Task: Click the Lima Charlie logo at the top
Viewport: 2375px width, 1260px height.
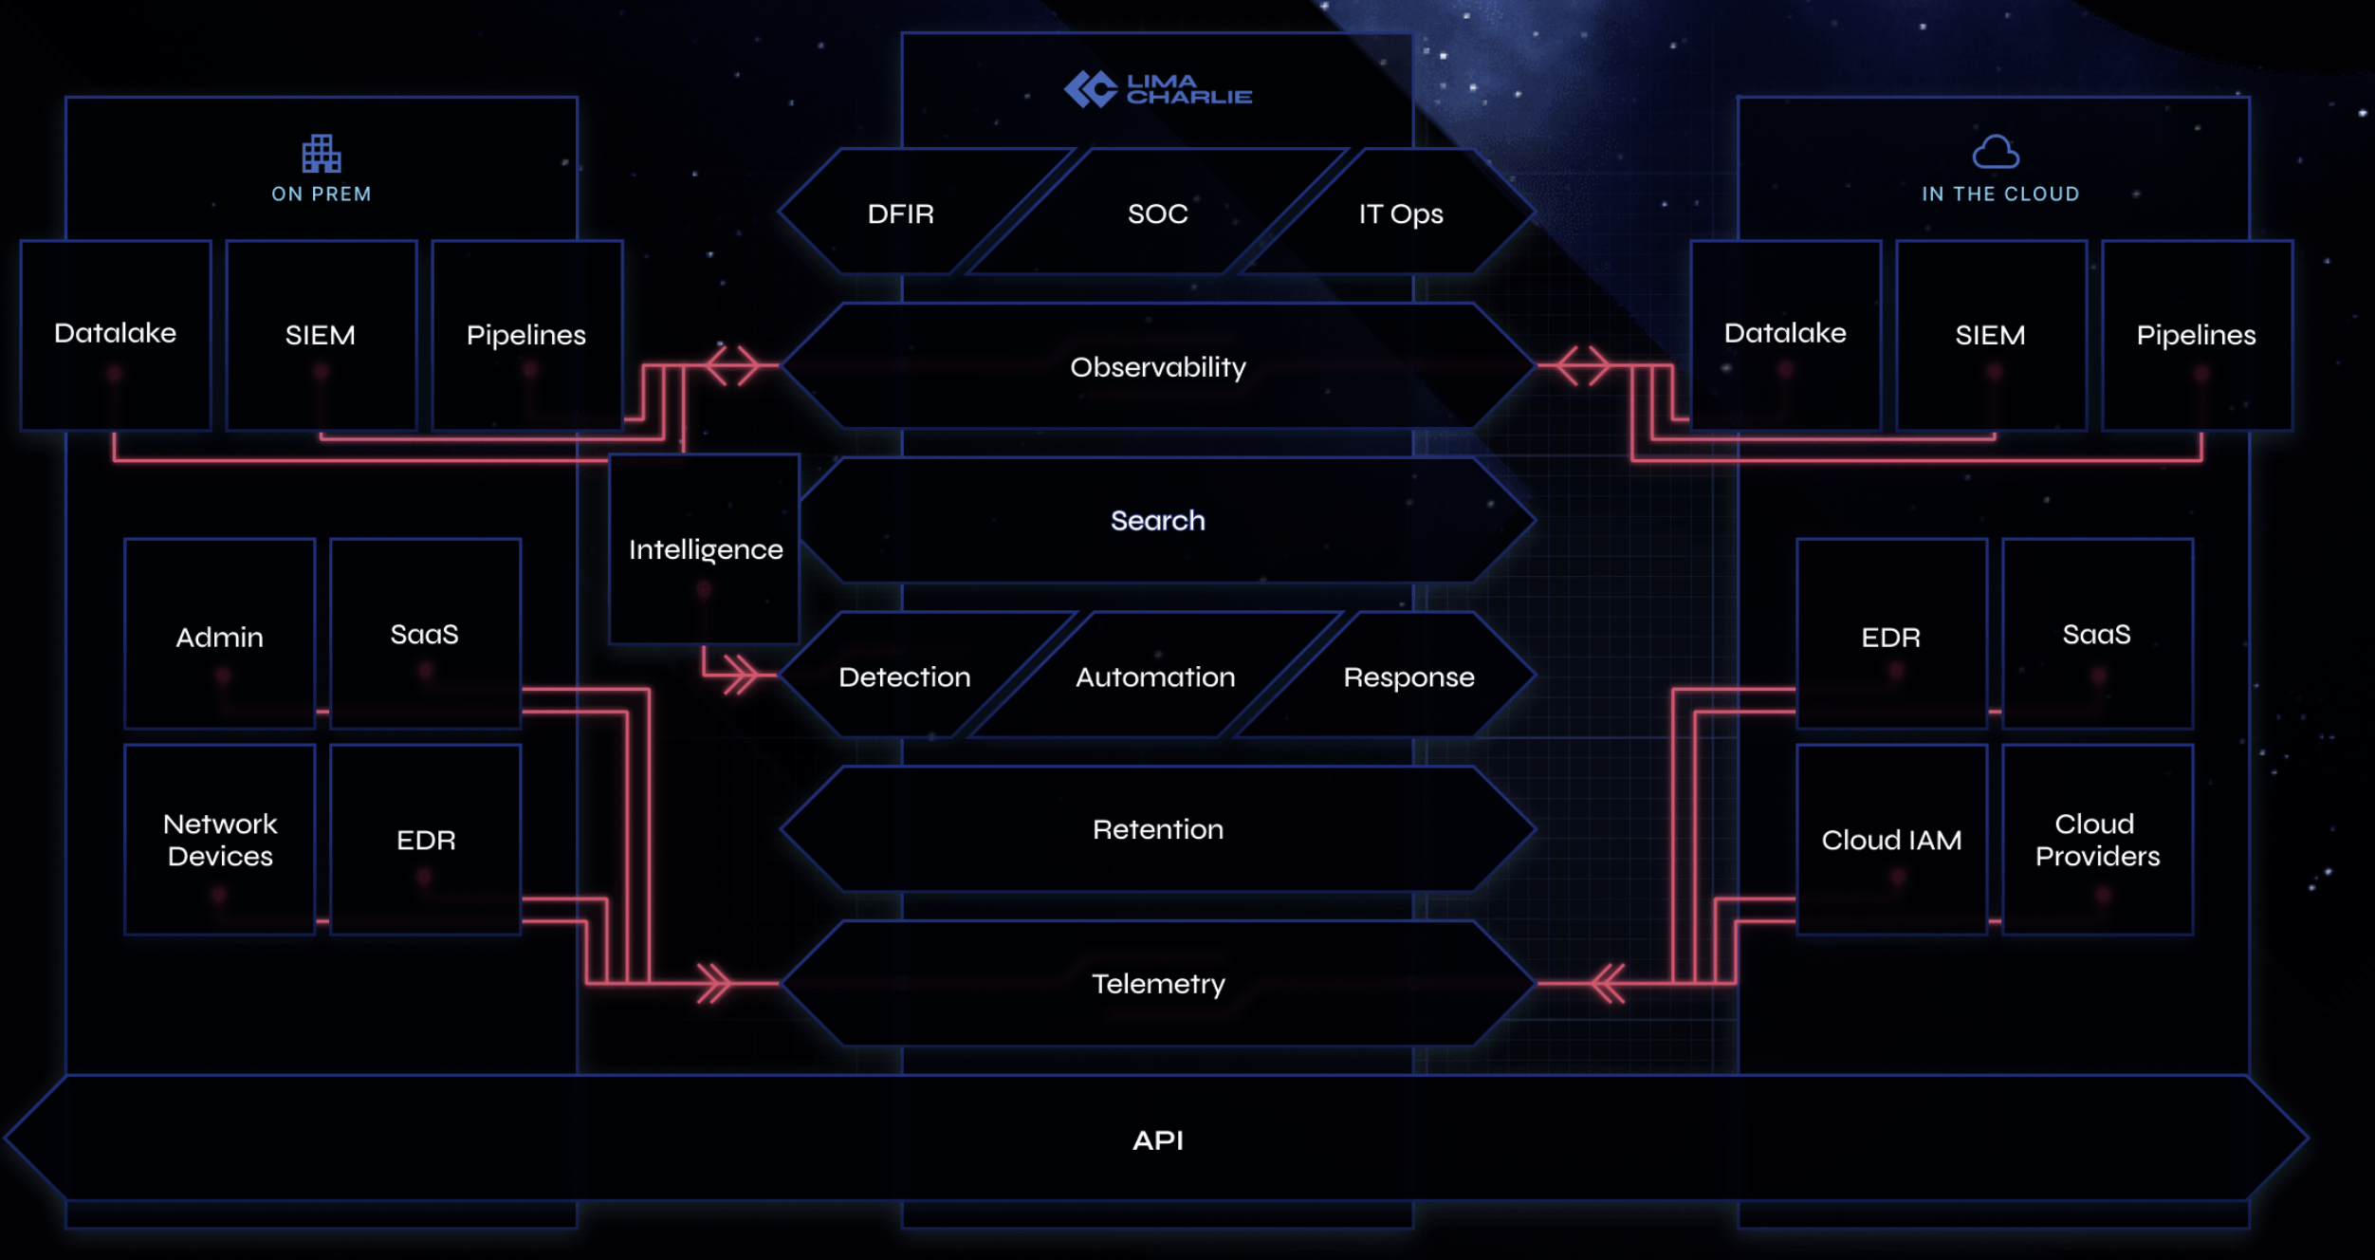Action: [x=1157, y=90]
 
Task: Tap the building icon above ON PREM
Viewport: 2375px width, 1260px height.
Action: [x=321, y=154]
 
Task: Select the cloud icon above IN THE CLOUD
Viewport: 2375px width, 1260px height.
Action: [x=1996, y=152]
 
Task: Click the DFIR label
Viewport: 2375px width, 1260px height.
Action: [x=900, y=214]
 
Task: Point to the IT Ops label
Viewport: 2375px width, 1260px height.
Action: [x=1400, y=214]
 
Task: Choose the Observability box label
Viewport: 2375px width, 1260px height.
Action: [x=1157, y=367]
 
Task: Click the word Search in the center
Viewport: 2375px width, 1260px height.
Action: [x=1157, y=521]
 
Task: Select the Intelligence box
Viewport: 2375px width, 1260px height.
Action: [x=705, y=549]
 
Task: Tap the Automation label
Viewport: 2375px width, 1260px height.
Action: [x=1155, y=677]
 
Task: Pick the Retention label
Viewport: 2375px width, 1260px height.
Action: [x=1157, y=830]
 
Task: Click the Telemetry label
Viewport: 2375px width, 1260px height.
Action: [x=1157, y=984]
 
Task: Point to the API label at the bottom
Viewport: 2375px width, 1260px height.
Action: [x=1157, y=1140]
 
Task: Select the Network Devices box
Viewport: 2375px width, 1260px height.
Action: [x=220, y=840]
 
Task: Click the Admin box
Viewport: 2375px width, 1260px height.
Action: [x=220, y=636]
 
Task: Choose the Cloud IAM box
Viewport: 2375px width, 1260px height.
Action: [x=1891, y=840]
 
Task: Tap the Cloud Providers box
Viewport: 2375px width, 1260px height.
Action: [x=2097, y=840]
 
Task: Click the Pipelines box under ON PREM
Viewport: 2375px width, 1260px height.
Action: [x=526, y=335]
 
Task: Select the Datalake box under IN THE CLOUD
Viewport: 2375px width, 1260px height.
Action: [x=1785, y=334]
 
